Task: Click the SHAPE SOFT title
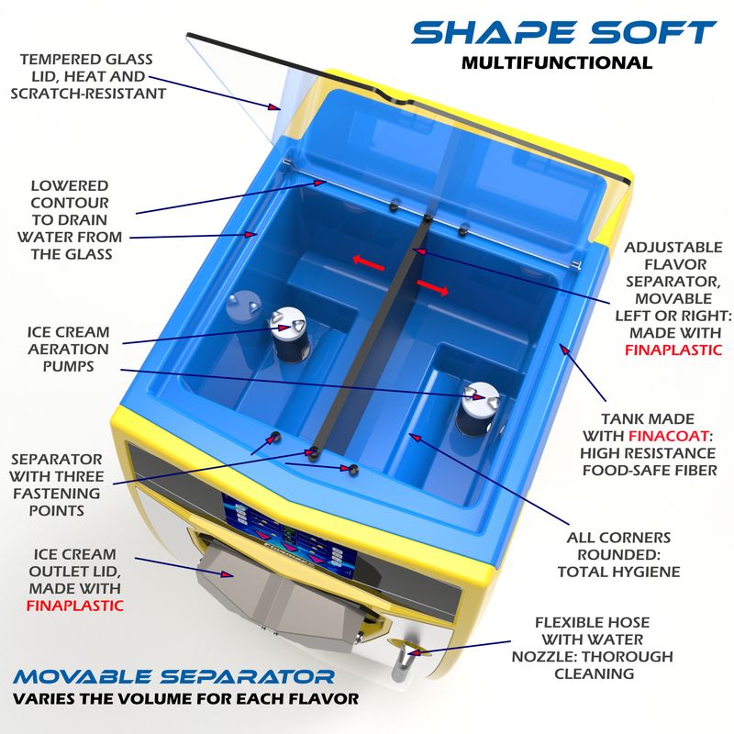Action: (x=563, y=32)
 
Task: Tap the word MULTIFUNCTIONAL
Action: (x=557, y=62)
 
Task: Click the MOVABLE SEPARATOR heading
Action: (x=173, y=676)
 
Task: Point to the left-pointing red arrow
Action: (x=369, y=262)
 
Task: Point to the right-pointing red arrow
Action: (x=432, y=287)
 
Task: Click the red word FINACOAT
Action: (x=668, y=436)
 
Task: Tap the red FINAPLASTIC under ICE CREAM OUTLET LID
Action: (x=75, y=606)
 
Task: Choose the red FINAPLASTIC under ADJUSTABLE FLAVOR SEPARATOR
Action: (x=673, y=350)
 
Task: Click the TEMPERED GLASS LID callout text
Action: (x=88, y=76)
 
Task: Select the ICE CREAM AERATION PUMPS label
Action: (x=68, y=350)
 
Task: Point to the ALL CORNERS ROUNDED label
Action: (x=618, y=555)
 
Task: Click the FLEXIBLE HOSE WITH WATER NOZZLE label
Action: (x=592, y=648)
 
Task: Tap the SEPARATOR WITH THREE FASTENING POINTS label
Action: (x=57, y=484)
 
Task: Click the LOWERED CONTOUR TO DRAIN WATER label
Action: (x=70, y=219)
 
